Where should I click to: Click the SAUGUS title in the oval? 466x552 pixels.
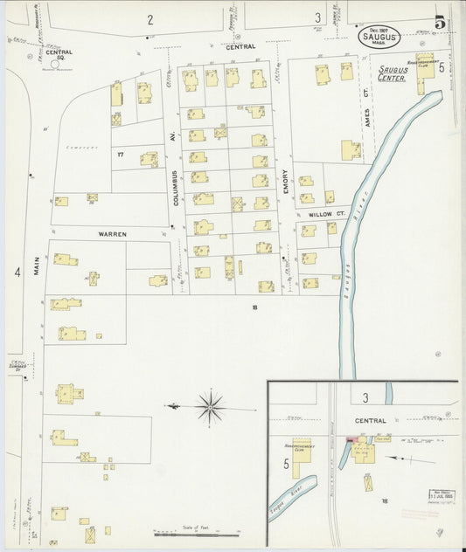tap(380, 36)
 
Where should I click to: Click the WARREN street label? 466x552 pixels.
tap(112, 234)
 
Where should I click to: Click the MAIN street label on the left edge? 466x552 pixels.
tap(38, 265)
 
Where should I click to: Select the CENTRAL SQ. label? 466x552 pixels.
tap(59, 56)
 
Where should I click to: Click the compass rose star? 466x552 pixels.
tap(209, 406)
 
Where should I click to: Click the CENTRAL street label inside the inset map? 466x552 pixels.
tap(371, 421)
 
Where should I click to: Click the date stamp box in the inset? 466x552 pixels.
tap(439, 497)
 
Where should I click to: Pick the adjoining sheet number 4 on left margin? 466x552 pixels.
tap(17, 273)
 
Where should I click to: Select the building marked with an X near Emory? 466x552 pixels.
tap(237, 204)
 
